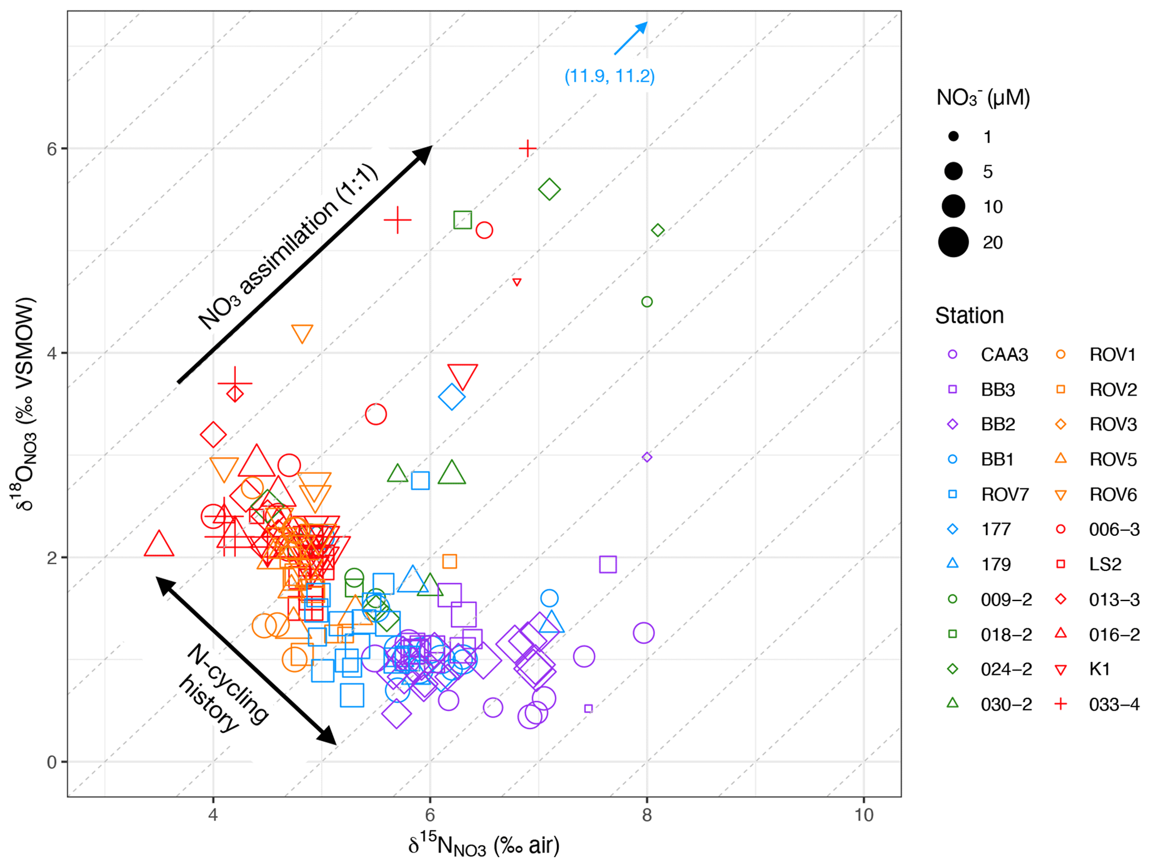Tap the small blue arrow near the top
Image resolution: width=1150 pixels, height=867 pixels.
(x=631, y=38)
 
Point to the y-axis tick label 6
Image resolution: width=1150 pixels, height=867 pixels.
(x=52, y=149)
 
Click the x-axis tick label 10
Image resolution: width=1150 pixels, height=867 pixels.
(x=863, y=815)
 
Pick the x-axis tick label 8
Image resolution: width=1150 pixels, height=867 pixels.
(x=646, y=815)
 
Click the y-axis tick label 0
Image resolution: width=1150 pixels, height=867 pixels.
(x=52, y=762)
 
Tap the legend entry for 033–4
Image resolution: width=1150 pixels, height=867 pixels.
(x=1098, y=705)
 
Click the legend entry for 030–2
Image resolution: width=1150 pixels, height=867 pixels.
(x=990, y=705)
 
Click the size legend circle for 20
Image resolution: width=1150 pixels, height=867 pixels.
(x=954, y=242)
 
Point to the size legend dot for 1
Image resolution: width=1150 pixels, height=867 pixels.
(x=954, y=136)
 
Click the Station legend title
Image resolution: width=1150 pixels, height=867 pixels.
(x=969, y=316)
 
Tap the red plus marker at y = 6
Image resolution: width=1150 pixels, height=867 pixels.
(x=527, y=149)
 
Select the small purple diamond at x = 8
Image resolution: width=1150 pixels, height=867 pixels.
(x=646, y=457)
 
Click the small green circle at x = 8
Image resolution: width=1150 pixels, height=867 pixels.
(x=646, y=302)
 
